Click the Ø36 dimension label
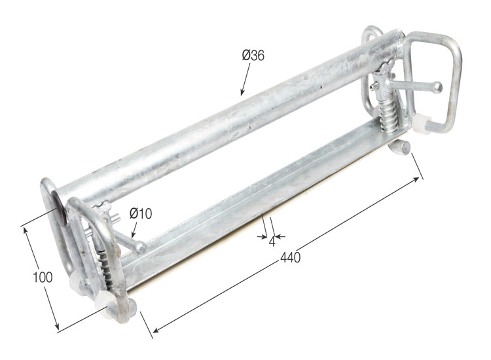pyautogui.click(x=253, y=56)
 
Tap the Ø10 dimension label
pyautogui.click(x=141, y=213)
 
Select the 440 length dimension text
pyautogui.click(x=290, y=257)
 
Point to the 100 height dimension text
pyautogui.click(x=43, y=277)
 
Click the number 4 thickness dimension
pyautogui.click(x=272, y=242)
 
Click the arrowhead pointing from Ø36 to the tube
pyautogui.click(x=242, y=92)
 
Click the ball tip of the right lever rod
pyautogui.click(x=437, y=87)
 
